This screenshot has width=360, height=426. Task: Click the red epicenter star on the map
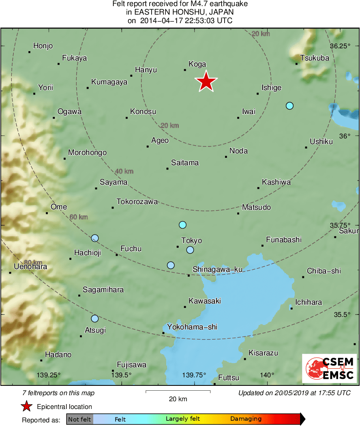coord(206,82)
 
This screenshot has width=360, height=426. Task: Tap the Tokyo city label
coord(191,241)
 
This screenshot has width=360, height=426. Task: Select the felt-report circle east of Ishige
coord(289,106)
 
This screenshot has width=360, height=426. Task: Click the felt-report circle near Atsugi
coord(95,318)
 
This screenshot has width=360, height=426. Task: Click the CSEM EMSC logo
coord(330,368)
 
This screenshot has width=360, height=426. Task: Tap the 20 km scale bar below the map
coord(178,392)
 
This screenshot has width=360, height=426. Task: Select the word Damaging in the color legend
coord(246,419)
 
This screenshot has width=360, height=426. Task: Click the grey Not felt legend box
coord(80,419)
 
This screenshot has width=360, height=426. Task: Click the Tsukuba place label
coord(315,58)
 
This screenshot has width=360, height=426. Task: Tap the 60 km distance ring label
coord(79,217)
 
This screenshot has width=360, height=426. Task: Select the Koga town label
coord(197,64)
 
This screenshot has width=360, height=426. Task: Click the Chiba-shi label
coord(324,271)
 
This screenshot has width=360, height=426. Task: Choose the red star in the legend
coord(27,407)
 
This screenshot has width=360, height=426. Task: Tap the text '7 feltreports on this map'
coord(59,393)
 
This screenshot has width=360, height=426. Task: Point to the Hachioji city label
coord(87,253)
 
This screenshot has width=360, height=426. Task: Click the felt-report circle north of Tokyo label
coord(182,225)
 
